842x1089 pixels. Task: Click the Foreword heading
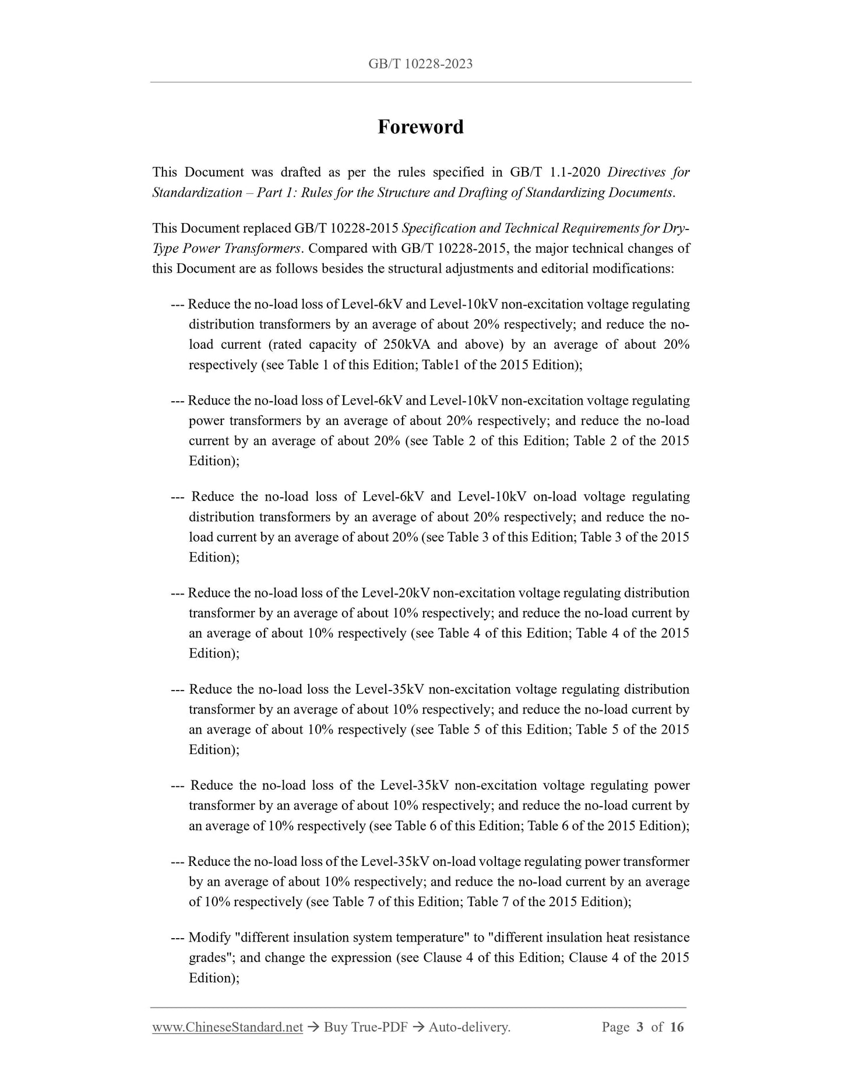click(420, 127)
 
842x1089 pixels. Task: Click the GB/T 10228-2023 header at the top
click(420, 64)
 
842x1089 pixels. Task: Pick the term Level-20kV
click(396, 593)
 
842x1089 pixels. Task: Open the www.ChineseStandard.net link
click(227, 1027)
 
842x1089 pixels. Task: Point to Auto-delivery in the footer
click(469, 1027)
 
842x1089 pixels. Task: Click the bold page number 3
click(640, 1027)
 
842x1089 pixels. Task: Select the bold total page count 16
click(677, 1027)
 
